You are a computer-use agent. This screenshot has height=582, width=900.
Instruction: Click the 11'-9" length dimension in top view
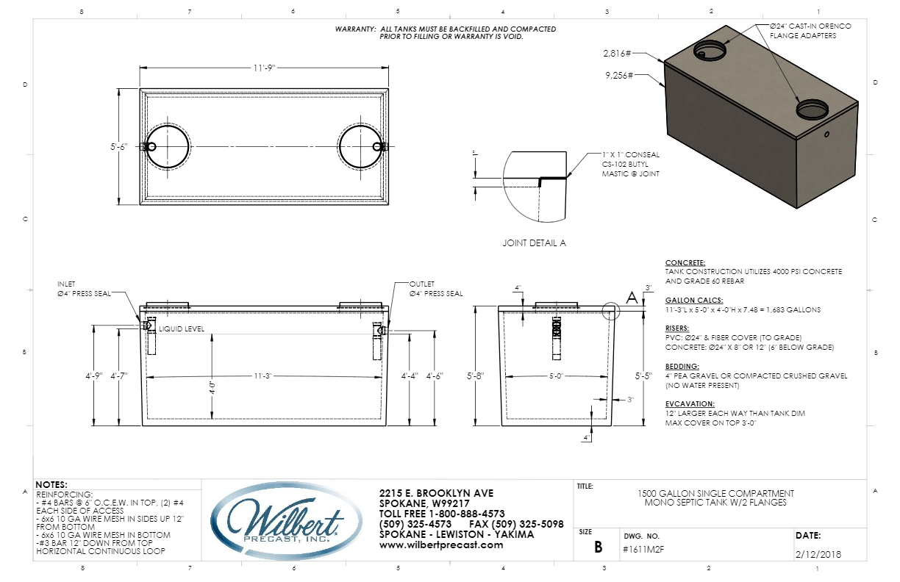(265, 68)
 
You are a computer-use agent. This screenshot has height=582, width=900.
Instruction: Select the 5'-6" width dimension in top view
(119, 146)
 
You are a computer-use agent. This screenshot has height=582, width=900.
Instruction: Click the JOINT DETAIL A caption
(535, 242)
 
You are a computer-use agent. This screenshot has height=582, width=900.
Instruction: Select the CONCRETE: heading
(685, 262)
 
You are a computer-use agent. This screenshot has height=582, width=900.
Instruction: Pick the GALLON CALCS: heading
(693, 301)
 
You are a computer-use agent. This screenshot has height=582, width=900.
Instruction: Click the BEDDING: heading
(682, 366)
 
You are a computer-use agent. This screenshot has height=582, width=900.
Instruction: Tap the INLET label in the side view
(68, 284)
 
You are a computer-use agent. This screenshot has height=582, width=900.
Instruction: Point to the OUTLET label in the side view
(423, 284)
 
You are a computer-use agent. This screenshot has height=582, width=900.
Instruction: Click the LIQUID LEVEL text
(182, 328)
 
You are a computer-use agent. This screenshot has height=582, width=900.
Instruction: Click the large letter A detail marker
(631, 298)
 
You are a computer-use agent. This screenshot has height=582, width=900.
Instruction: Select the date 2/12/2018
(820, 554)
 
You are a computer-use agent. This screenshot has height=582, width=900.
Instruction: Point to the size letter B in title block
(598, 547)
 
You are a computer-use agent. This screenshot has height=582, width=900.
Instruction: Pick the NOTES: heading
(51, 485)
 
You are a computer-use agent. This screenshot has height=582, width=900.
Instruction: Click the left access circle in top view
(168, 146)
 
